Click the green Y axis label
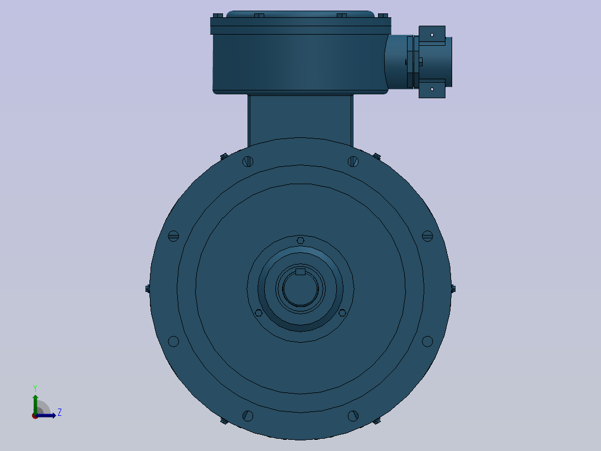coord(35,388)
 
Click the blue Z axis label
coord(60,412)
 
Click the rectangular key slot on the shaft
coord(300,272)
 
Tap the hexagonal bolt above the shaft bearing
coord(300,241)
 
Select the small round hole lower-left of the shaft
coord(259,313)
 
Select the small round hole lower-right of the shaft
coord(342,313)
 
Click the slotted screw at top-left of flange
coord(248,162)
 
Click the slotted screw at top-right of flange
coord(353,162)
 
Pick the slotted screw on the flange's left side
coord(173,236)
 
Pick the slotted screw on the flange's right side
coord(428,236)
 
